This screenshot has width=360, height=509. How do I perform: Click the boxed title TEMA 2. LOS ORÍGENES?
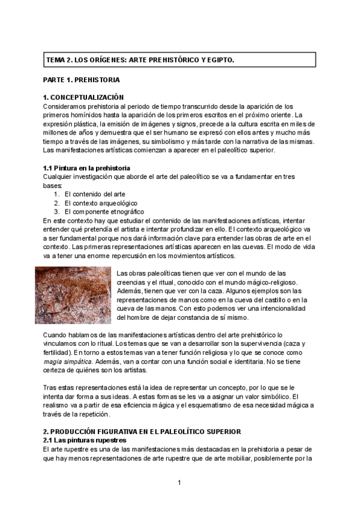pos(140,60)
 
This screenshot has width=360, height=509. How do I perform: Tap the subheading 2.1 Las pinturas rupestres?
pos(85,441)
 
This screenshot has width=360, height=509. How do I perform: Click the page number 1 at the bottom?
pos(179,482)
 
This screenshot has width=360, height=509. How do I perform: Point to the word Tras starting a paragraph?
pos(50,388)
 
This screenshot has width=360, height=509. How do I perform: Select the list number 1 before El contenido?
pos(56,194)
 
